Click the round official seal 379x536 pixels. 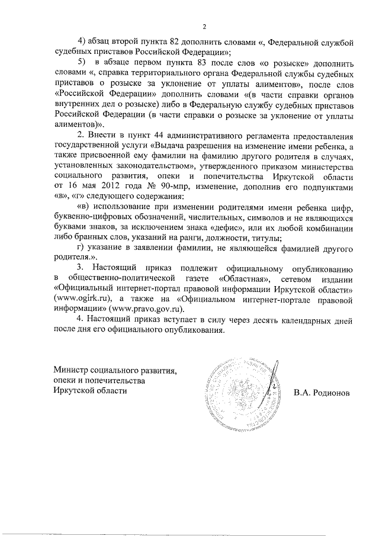(x=237, y=389)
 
